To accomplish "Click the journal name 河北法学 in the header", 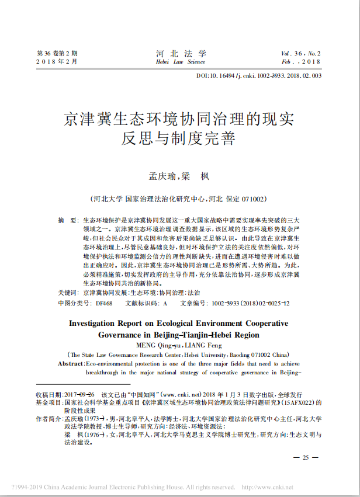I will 181,53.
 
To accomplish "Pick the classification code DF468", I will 104,304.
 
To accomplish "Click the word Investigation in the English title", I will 99,323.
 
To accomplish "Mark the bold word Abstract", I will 71,364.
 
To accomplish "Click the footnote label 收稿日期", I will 49,395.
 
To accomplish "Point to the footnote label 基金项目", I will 49,403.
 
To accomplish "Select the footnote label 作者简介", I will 49,419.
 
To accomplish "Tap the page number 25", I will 306,457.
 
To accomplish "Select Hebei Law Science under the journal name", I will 181,61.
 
